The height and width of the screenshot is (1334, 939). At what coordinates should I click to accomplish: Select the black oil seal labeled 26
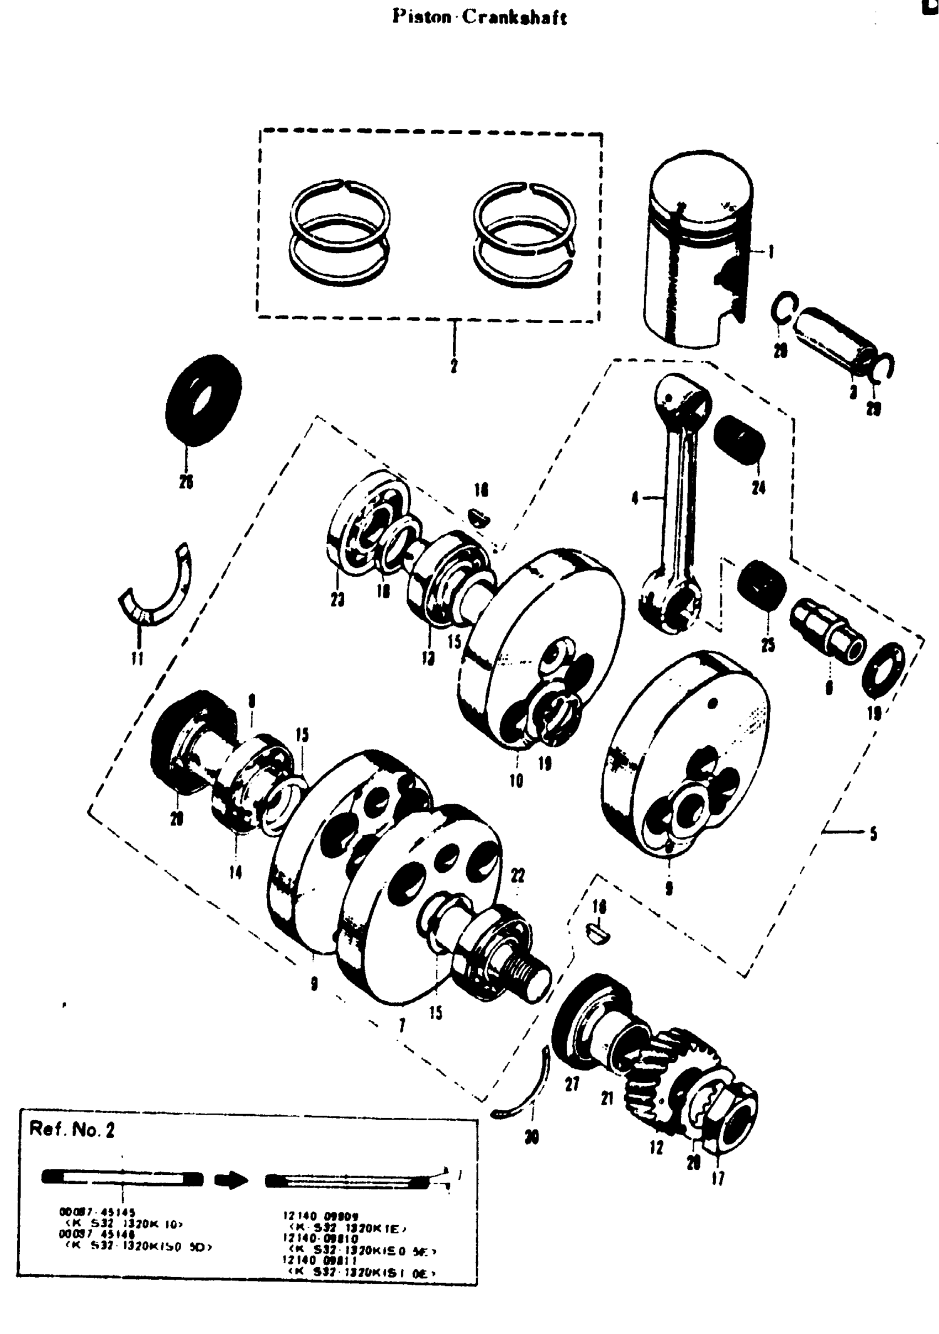(203, 400)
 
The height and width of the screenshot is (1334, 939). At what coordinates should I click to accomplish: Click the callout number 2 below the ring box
(454, 366)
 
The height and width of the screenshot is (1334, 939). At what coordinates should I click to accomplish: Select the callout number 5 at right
(873, 835)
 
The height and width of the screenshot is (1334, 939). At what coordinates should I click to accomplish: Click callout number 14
(235, 872)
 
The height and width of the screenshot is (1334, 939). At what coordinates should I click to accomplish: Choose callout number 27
(572, 1084)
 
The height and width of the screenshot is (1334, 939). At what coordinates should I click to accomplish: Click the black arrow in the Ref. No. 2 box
(231, 1180)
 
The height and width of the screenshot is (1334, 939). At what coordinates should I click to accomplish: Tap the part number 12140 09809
(320, 1215)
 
